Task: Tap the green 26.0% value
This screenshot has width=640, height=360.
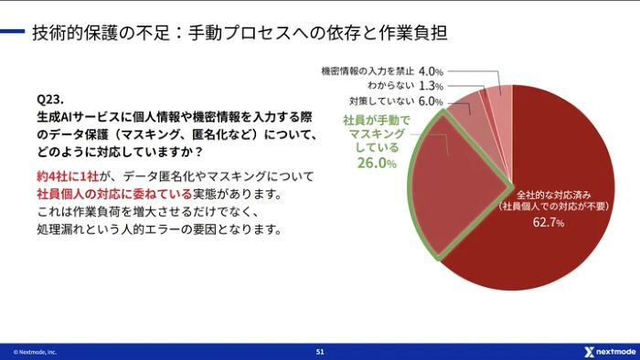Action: point(376,164)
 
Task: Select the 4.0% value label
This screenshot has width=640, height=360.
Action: point(432,70)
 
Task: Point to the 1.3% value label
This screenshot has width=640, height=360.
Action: point(432,86)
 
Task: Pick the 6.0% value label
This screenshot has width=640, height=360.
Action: point(432,101)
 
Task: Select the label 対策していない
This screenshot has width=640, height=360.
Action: point(382,101)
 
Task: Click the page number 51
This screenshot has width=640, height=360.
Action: point(319,351)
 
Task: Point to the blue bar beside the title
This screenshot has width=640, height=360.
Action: point(12,34)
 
